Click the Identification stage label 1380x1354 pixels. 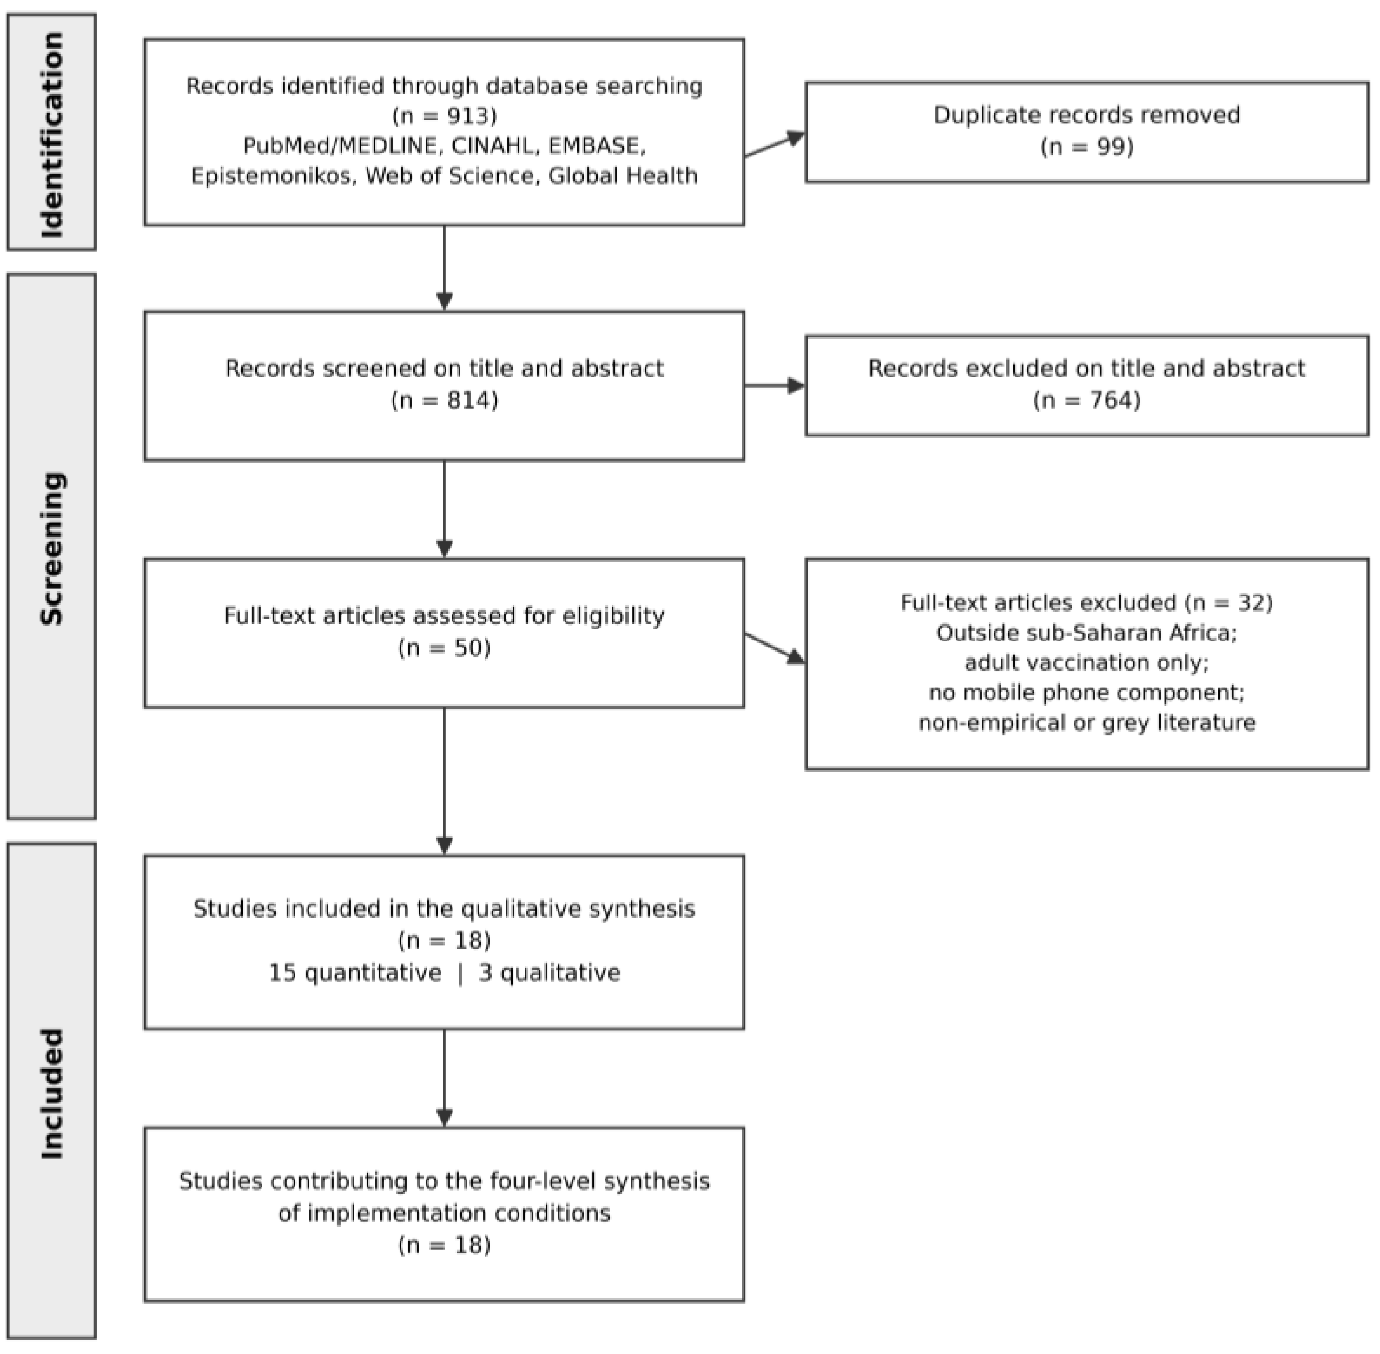click(52, 134)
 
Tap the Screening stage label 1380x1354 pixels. click(52, 548)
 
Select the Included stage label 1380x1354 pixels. click(52, 1094)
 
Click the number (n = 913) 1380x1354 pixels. click(445, 115)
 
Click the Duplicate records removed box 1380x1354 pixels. click(1087, 132)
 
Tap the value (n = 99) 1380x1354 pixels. click(1087, 146)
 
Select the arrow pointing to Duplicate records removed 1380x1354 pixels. click(775, 144)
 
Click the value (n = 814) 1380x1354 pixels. click(445, 401)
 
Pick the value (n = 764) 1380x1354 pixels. click(1087, 401)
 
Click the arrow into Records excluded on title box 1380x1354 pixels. click(775, 386)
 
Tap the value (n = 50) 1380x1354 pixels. click(445, 648)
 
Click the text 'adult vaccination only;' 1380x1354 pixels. click(1087, 663)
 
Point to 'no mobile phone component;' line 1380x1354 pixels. click(1087, 693)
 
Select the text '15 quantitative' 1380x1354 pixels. click(355, 973)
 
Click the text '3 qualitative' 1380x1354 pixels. click(549, 973)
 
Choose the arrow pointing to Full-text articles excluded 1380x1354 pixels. click(775, 648)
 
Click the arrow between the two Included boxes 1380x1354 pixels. click(445, 1078)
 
